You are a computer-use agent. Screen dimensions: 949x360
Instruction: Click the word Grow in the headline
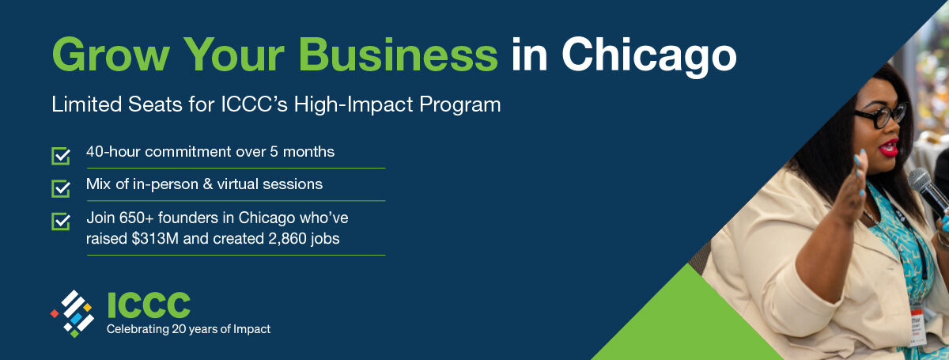pos(111,55)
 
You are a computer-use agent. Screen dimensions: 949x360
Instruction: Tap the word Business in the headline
pos(399,55)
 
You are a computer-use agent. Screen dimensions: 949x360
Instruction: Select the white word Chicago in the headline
pos(649,57)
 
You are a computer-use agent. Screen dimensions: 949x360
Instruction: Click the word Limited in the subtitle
pos(86,104)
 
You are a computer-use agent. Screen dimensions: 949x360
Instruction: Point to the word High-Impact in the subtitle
pos(354,104)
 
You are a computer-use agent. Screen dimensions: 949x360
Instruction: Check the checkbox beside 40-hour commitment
pos(61,156)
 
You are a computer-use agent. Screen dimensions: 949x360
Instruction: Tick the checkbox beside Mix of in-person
pos(61,188)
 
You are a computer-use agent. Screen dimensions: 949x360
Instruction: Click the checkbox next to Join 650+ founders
pos(61,222)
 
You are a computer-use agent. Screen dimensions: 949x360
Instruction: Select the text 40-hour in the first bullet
pos(113,151)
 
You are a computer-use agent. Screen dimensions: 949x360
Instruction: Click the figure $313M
pos(155,238)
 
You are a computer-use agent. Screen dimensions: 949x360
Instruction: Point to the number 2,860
pos(287,239)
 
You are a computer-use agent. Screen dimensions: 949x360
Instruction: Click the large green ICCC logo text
pos(149,305)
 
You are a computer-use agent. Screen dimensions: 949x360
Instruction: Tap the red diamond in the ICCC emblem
pos(55,313)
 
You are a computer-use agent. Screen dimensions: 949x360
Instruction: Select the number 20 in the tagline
pos(177,329)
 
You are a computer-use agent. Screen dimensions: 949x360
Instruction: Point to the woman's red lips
pos(888,148)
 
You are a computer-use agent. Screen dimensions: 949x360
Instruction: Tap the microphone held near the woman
pos(928,190)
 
